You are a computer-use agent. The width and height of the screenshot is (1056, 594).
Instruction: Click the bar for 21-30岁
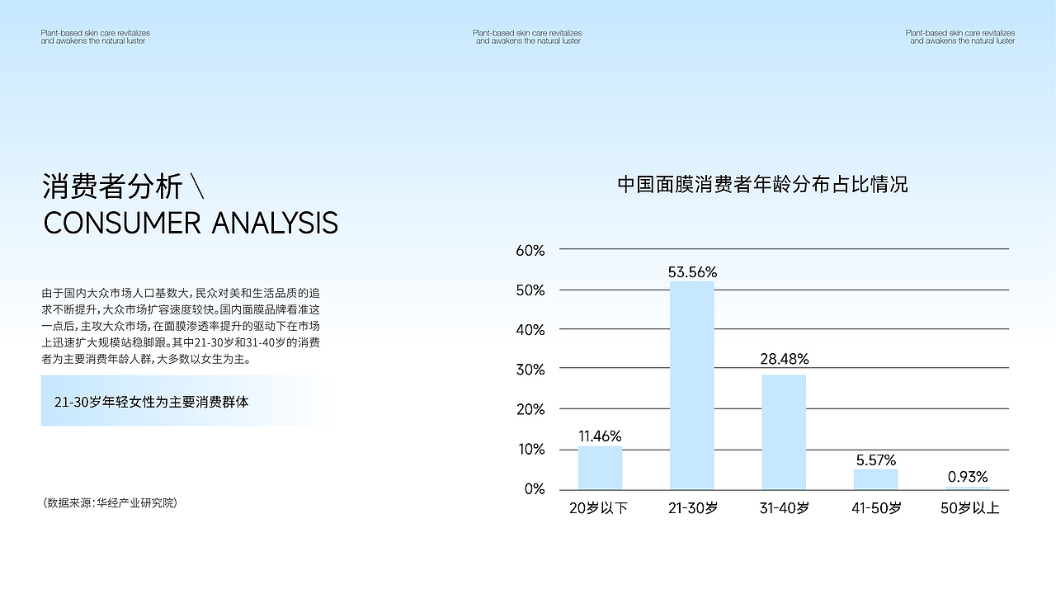pyautogui.click(x=692, y=385)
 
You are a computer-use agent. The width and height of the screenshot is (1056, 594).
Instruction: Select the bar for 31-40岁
pyautogui.click(x=784, y=432)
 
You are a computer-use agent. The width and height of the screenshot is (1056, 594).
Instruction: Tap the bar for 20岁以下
pyautogui.click(x=600, y=468)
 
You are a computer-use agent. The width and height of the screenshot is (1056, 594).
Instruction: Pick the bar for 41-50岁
pyautogui.click(x=875, y=479)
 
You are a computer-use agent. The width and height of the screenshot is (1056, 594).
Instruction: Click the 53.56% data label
pyautogui.click(x=692, y=272)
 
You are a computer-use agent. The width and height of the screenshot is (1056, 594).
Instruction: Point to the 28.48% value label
pyautogui.click(x=785, y=359)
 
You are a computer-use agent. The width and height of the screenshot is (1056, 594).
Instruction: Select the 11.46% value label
pyautogui.click(x=600, y=436)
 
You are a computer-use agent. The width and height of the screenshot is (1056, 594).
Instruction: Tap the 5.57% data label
pyautogui.click(x=876, y=460)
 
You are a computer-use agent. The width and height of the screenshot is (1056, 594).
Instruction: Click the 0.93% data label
pyautogui.click(x=968, y=477)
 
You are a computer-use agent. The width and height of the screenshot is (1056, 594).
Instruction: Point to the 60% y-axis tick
pyautogui.click(x=530, y=250)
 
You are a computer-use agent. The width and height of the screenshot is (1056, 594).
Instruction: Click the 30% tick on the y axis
pyautogui.click(x=530, y=370)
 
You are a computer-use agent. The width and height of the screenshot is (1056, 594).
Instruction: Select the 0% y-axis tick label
pyautogui.click(x=535, y=489)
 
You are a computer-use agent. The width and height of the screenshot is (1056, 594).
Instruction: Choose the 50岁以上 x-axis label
pyautogui.click(x=969, y=507)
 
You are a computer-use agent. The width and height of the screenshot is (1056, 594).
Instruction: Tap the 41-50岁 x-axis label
pyautogui.click(x=876, y=507)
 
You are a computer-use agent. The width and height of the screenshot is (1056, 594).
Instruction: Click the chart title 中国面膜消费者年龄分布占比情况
pyautogui.click(x=762, y=184)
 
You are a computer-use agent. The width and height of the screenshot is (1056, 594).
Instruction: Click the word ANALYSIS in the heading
pyautogui.click(x=275, y=223)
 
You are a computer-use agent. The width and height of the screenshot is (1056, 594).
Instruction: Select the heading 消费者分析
pyautogui.click(x=112, y=186)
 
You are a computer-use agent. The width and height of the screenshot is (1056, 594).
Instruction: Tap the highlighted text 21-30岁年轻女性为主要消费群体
pyautogui.click(x=151, y=402)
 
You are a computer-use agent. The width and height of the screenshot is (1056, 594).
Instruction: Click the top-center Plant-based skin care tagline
pyautogui.click(x=527, y=37)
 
